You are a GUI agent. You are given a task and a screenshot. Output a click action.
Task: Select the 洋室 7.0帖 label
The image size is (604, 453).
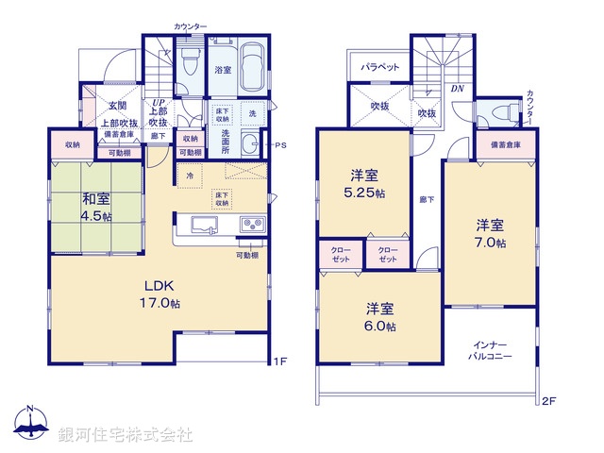[x=489, y=234]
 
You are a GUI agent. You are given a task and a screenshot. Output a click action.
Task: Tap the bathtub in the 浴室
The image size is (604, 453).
[x=250, y=70]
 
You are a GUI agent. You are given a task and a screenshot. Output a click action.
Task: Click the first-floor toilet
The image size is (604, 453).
[x=188, y=65]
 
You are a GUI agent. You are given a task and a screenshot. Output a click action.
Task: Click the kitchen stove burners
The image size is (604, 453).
[x=254, y=225]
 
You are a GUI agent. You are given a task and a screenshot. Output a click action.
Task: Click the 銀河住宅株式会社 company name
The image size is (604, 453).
[x=125, y=435]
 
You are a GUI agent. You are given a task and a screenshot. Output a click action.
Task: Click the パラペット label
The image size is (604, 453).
[x=380, y=67]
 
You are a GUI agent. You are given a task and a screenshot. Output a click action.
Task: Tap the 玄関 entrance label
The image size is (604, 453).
[x=117, y=106]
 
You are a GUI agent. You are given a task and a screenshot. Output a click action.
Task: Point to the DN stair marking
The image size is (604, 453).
[x=457, y=89]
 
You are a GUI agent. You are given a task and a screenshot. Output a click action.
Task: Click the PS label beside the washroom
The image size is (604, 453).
[x=280, y=145]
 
